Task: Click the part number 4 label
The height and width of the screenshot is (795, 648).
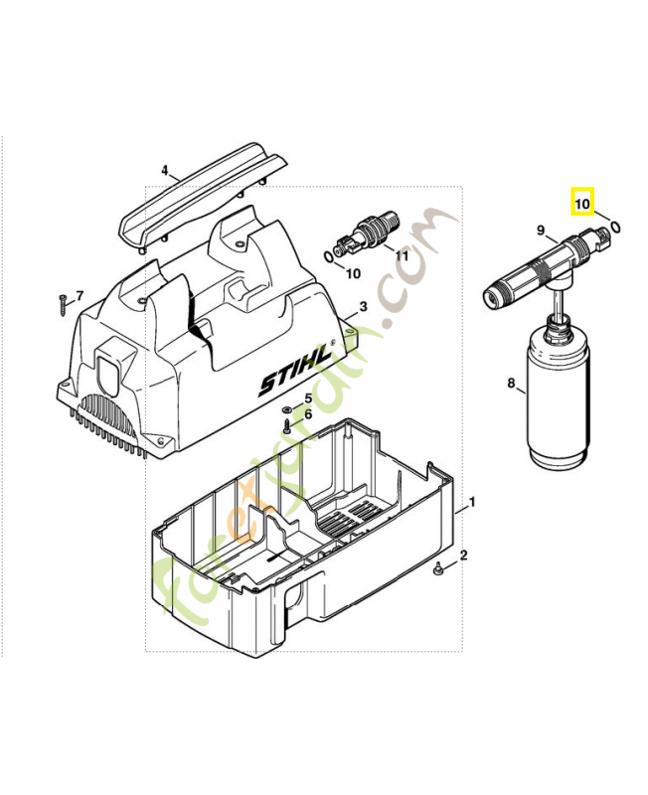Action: [165, 170]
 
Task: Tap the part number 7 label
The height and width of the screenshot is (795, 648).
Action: [81, 296]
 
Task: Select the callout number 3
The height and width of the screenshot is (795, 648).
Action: [363, 308]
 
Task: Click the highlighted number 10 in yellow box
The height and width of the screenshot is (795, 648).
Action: [581, 204]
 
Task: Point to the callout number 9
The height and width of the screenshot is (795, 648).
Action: [542, 232]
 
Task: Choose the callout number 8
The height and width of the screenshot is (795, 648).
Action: [511, 382]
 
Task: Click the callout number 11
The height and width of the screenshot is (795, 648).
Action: [402, 255]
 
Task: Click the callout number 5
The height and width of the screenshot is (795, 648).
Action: [308, 398]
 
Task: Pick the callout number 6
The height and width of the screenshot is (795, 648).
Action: [308, 414]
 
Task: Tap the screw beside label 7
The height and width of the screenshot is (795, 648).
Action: [61, 298]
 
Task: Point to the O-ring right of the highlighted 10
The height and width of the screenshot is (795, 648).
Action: [617, 226]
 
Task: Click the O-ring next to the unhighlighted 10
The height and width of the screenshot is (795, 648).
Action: [329, 256]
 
